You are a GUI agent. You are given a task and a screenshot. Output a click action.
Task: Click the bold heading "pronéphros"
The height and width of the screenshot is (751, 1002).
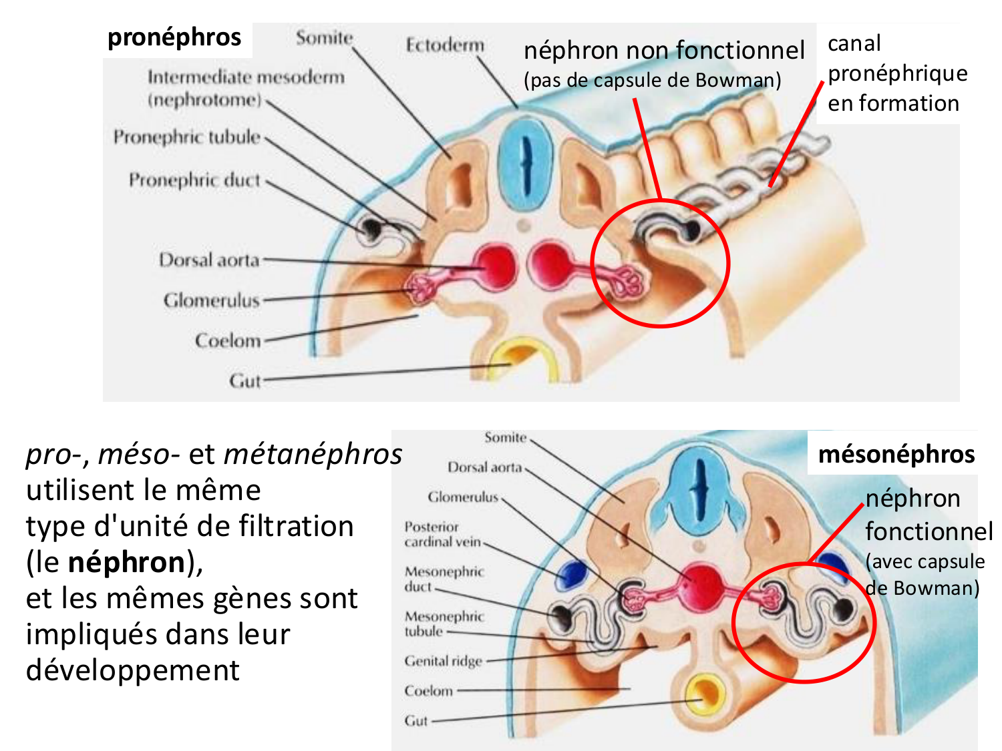174,37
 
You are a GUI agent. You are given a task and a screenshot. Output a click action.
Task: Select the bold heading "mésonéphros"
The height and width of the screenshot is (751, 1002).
896,454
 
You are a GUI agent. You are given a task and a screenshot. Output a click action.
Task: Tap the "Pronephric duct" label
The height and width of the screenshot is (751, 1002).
194,180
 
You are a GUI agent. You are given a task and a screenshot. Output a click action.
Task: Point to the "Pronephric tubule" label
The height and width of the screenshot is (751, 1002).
186,137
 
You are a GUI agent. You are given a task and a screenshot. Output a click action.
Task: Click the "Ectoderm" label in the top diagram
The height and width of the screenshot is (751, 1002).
445,45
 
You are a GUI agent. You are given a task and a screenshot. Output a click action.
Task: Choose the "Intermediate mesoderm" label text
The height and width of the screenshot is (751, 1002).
246,77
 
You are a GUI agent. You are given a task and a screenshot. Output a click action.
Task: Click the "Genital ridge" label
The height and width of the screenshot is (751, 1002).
443,661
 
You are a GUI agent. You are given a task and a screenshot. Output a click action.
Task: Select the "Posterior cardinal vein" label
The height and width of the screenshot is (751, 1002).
442,534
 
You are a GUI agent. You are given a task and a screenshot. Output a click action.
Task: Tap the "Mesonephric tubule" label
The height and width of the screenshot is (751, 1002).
444,623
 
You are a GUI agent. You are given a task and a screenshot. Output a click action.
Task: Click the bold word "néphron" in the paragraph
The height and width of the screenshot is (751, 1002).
126,562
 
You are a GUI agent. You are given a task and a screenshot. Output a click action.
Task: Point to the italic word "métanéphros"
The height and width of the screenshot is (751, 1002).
313,454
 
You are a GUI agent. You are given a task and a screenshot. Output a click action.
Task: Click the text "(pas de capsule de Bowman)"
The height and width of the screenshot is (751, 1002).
652,80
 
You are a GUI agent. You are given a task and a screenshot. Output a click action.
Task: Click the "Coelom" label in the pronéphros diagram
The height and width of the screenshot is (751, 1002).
228,340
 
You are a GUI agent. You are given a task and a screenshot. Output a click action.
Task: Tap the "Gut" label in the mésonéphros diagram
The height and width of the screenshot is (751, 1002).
415,721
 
